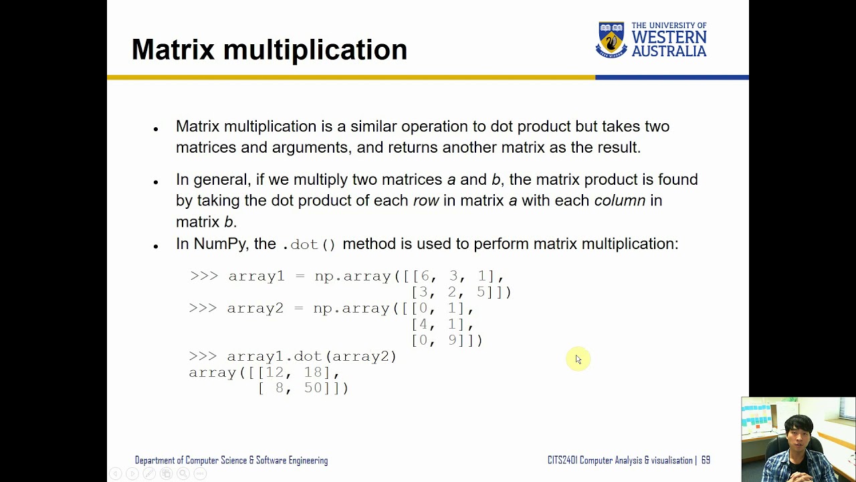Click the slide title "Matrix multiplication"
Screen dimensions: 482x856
click(x=269, y=50)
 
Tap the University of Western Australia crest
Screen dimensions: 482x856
click(x=611, y=39)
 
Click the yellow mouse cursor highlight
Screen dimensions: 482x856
click(x=578, y=359)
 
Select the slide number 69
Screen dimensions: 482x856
click(x=706, y=461)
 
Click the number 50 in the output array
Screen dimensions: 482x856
click(x=313, y=388)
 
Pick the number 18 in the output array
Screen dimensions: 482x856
click(x=313, y=372)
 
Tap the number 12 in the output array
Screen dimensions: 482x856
click(x=275, y=372)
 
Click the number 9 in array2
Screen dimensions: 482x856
click(x=452, y=340)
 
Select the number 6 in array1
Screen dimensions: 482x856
click(x=425, y=276)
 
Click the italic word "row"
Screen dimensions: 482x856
click(x=426, y=200)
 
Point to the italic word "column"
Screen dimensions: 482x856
click(x=619, y=200)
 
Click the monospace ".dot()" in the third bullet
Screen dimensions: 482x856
click(x=309, y=244)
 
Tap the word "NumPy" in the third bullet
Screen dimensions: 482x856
click(x=219, y=244)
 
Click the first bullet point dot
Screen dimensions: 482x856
click(x=156, y=129)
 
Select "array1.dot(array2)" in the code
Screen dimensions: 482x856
click(x=312, y=356)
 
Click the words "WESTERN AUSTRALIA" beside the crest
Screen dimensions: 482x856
click(x=669, y=44)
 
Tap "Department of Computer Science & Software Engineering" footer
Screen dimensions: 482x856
click(x=231, y=461)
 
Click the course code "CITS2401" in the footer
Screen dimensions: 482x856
click(x=562, y=461)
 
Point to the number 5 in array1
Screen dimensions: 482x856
click(x=481, y=292)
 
